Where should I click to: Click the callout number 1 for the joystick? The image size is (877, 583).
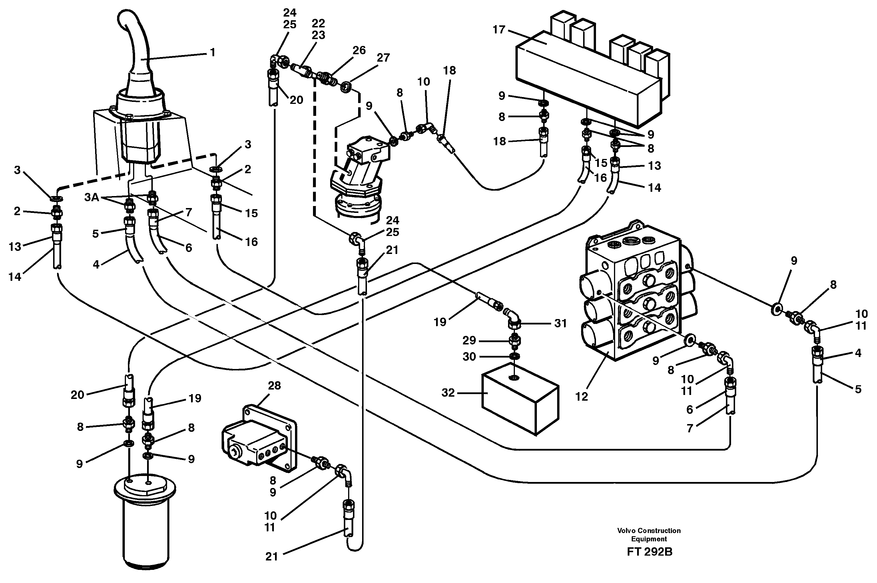pyautogui.click(x=212, y=53)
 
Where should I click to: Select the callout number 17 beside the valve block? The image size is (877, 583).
pyautogui.click(x=499, y=29)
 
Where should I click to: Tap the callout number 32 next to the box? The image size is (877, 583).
pyautogui.click(x=448, y=393)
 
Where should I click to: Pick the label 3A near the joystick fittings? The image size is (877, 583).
pyautogui.click(x=92, y=197)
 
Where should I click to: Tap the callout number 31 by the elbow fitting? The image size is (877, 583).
pyautogui.click(x=560, y=324)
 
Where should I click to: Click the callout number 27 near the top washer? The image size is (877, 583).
pyautogui.click(x=383, y=58)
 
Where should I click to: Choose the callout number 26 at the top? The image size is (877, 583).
pyautogui.click(x=359, y=50)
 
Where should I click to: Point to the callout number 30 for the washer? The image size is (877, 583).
pyautogui.click(x=469, y=357)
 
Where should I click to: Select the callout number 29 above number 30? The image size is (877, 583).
pyautogui.click(x=469, y=340)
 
